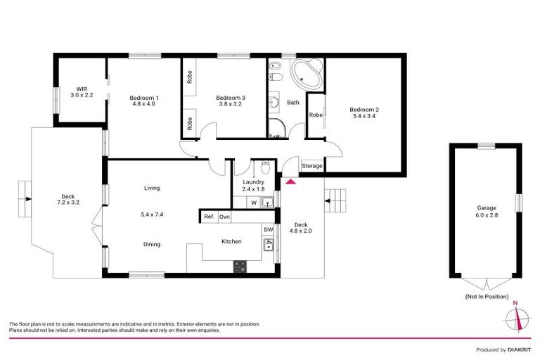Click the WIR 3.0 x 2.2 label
[82, 91]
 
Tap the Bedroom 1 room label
[143, 101]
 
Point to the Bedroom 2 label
[365, 112]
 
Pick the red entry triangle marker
[290, 181]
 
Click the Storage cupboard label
[311, 166]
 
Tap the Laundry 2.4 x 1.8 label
[253, 186]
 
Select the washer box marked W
[254, 203]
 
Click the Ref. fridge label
[209, 217]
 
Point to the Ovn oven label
[225, 217]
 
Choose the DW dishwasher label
[268, 229]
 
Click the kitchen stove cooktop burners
[240, 266]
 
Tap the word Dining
[152, 245]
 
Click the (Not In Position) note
[486, 297]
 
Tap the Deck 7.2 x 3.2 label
[68, 200]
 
